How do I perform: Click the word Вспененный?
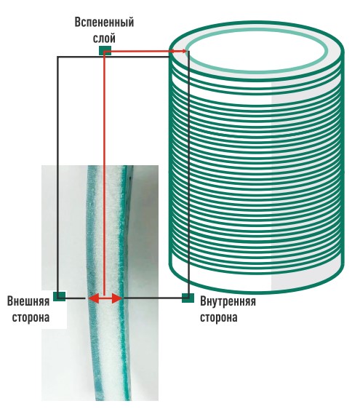(104, 23)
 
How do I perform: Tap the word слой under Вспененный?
(104, 38)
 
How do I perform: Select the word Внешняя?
(28, 301)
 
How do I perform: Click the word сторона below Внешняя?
(31, 317)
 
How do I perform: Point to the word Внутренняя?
(228, 301)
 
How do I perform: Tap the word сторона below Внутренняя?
(218, 317)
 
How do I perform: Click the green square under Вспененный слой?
(105, 50)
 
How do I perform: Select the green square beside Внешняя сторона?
(59, 296)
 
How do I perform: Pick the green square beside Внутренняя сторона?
(188, 298)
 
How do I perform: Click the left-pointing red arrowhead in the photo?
(94, 299)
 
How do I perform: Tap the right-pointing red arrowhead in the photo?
(117, 299)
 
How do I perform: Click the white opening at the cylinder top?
(257, 50)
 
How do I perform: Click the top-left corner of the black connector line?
(58, 57)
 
